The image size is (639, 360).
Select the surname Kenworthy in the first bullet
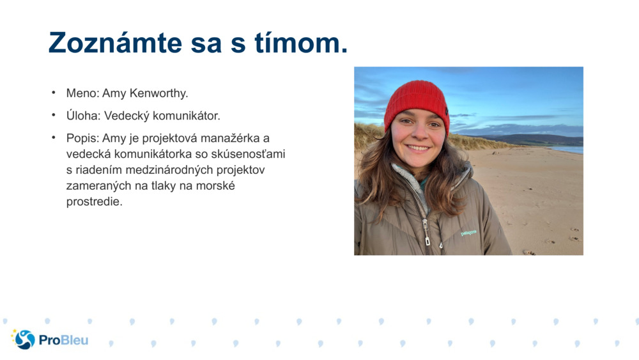click(x=158, y=93)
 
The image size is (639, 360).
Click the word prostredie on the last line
click(x=94, y=202)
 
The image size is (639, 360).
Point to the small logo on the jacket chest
click(x=468, y=233)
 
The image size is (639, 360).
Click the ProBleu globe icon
click(x=24, y=340)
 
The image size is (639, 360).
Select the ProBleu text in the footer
click(x=63, y=340)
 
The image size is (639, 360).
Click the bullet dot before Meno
click(x=54, y=93)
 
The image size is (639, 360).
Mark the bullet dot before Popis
click(x=54, y=138)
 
